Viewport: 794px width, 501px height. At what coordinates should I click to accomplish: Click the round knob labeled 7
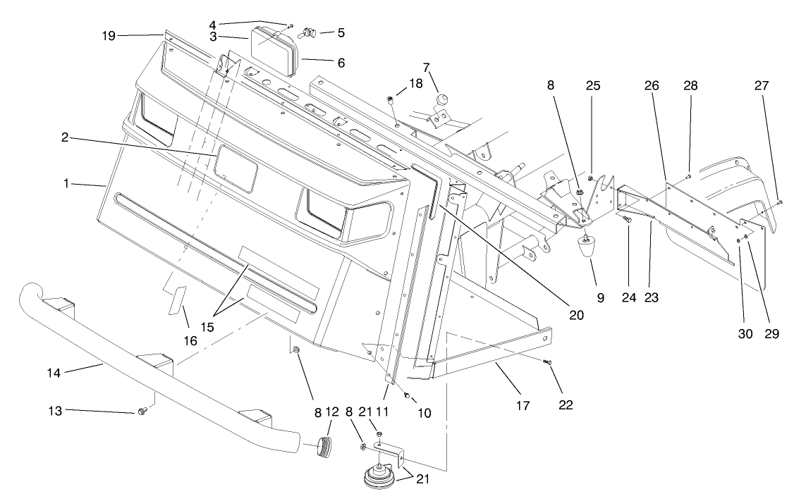[x=442, y=99]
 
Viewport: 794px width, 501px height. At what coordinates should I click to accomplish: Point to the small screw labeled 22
[x=549, y=362]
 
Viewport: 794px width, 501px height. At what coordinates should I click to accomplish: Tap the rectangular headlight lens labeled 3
[x=275, y=51]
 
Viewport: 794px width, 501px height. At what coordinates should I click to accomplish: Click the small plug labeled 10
[x=408, y=395]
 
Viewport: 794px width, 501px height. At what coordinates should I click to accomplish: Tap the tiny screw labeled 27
[x=780, y=203]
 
